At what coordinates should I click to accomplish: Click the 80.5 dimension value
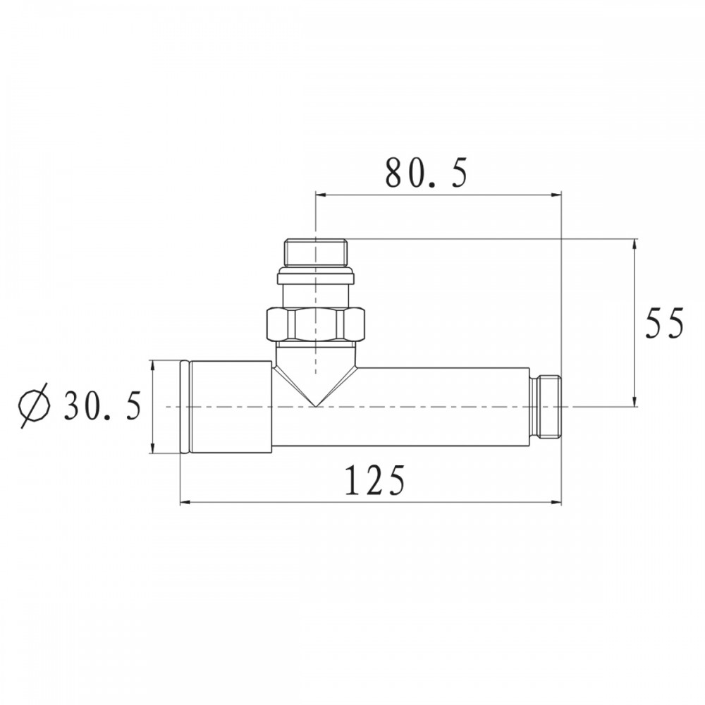(x=427, y=173)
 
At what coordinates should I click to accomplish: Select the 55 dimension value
(x=664, y=323)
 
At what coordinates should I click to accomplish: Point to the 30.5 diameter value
(x=102, y=405)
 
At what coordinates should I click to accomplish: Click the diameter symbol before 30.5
(x=34, y=405)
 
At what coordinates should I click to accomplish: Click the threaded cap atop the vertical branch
(x=316, y=253)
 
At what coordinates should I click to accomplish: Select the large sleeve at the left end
(x=226, y=407)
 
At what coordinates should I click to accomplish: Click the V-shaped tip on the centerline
(x=316, y=406)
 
